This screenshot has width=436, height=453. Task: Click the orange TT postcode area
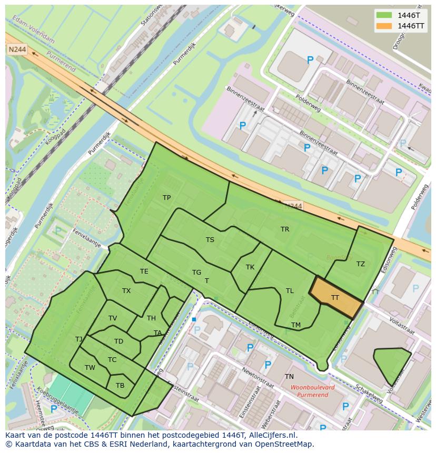[336, 298]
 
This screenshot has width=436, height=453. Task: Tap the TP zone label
[166, 198]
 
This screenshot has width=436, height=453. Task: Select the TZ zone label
[360, 264]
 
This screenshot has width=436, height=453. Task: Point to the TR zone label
[285, 229]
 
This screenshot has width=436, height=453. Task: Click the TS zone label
[210, 240]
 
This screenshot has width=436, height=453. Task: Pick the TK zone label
[250, 267]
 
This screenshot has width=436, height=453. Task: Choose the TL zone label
[290, 291]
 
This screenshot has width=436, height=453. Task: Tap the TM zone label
[296, 325]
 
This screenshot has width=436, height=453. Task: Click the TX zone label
[126, 291]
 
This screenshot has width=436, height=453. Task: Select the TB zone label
[120, 386]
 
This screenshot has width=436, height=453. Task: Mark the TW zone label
[90, 368]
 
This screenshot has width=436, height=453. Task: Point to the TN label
[289, 377]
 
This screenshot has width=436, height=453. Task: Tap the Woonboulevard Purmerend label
[312, 391]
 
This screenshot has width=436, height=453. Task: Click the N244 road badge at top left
[17, 49]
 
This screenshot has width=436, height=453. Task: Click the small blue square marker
[194, 319]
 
